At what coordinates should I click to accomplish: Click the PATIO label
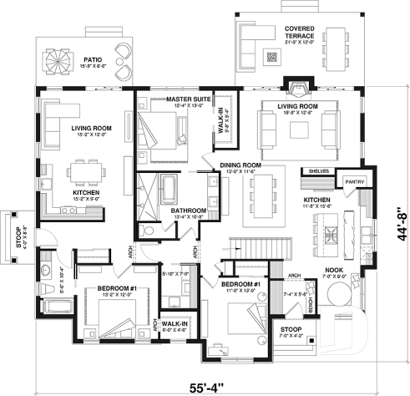(89, 59)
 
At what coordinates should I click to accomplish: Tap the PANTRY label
(354, 180)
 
